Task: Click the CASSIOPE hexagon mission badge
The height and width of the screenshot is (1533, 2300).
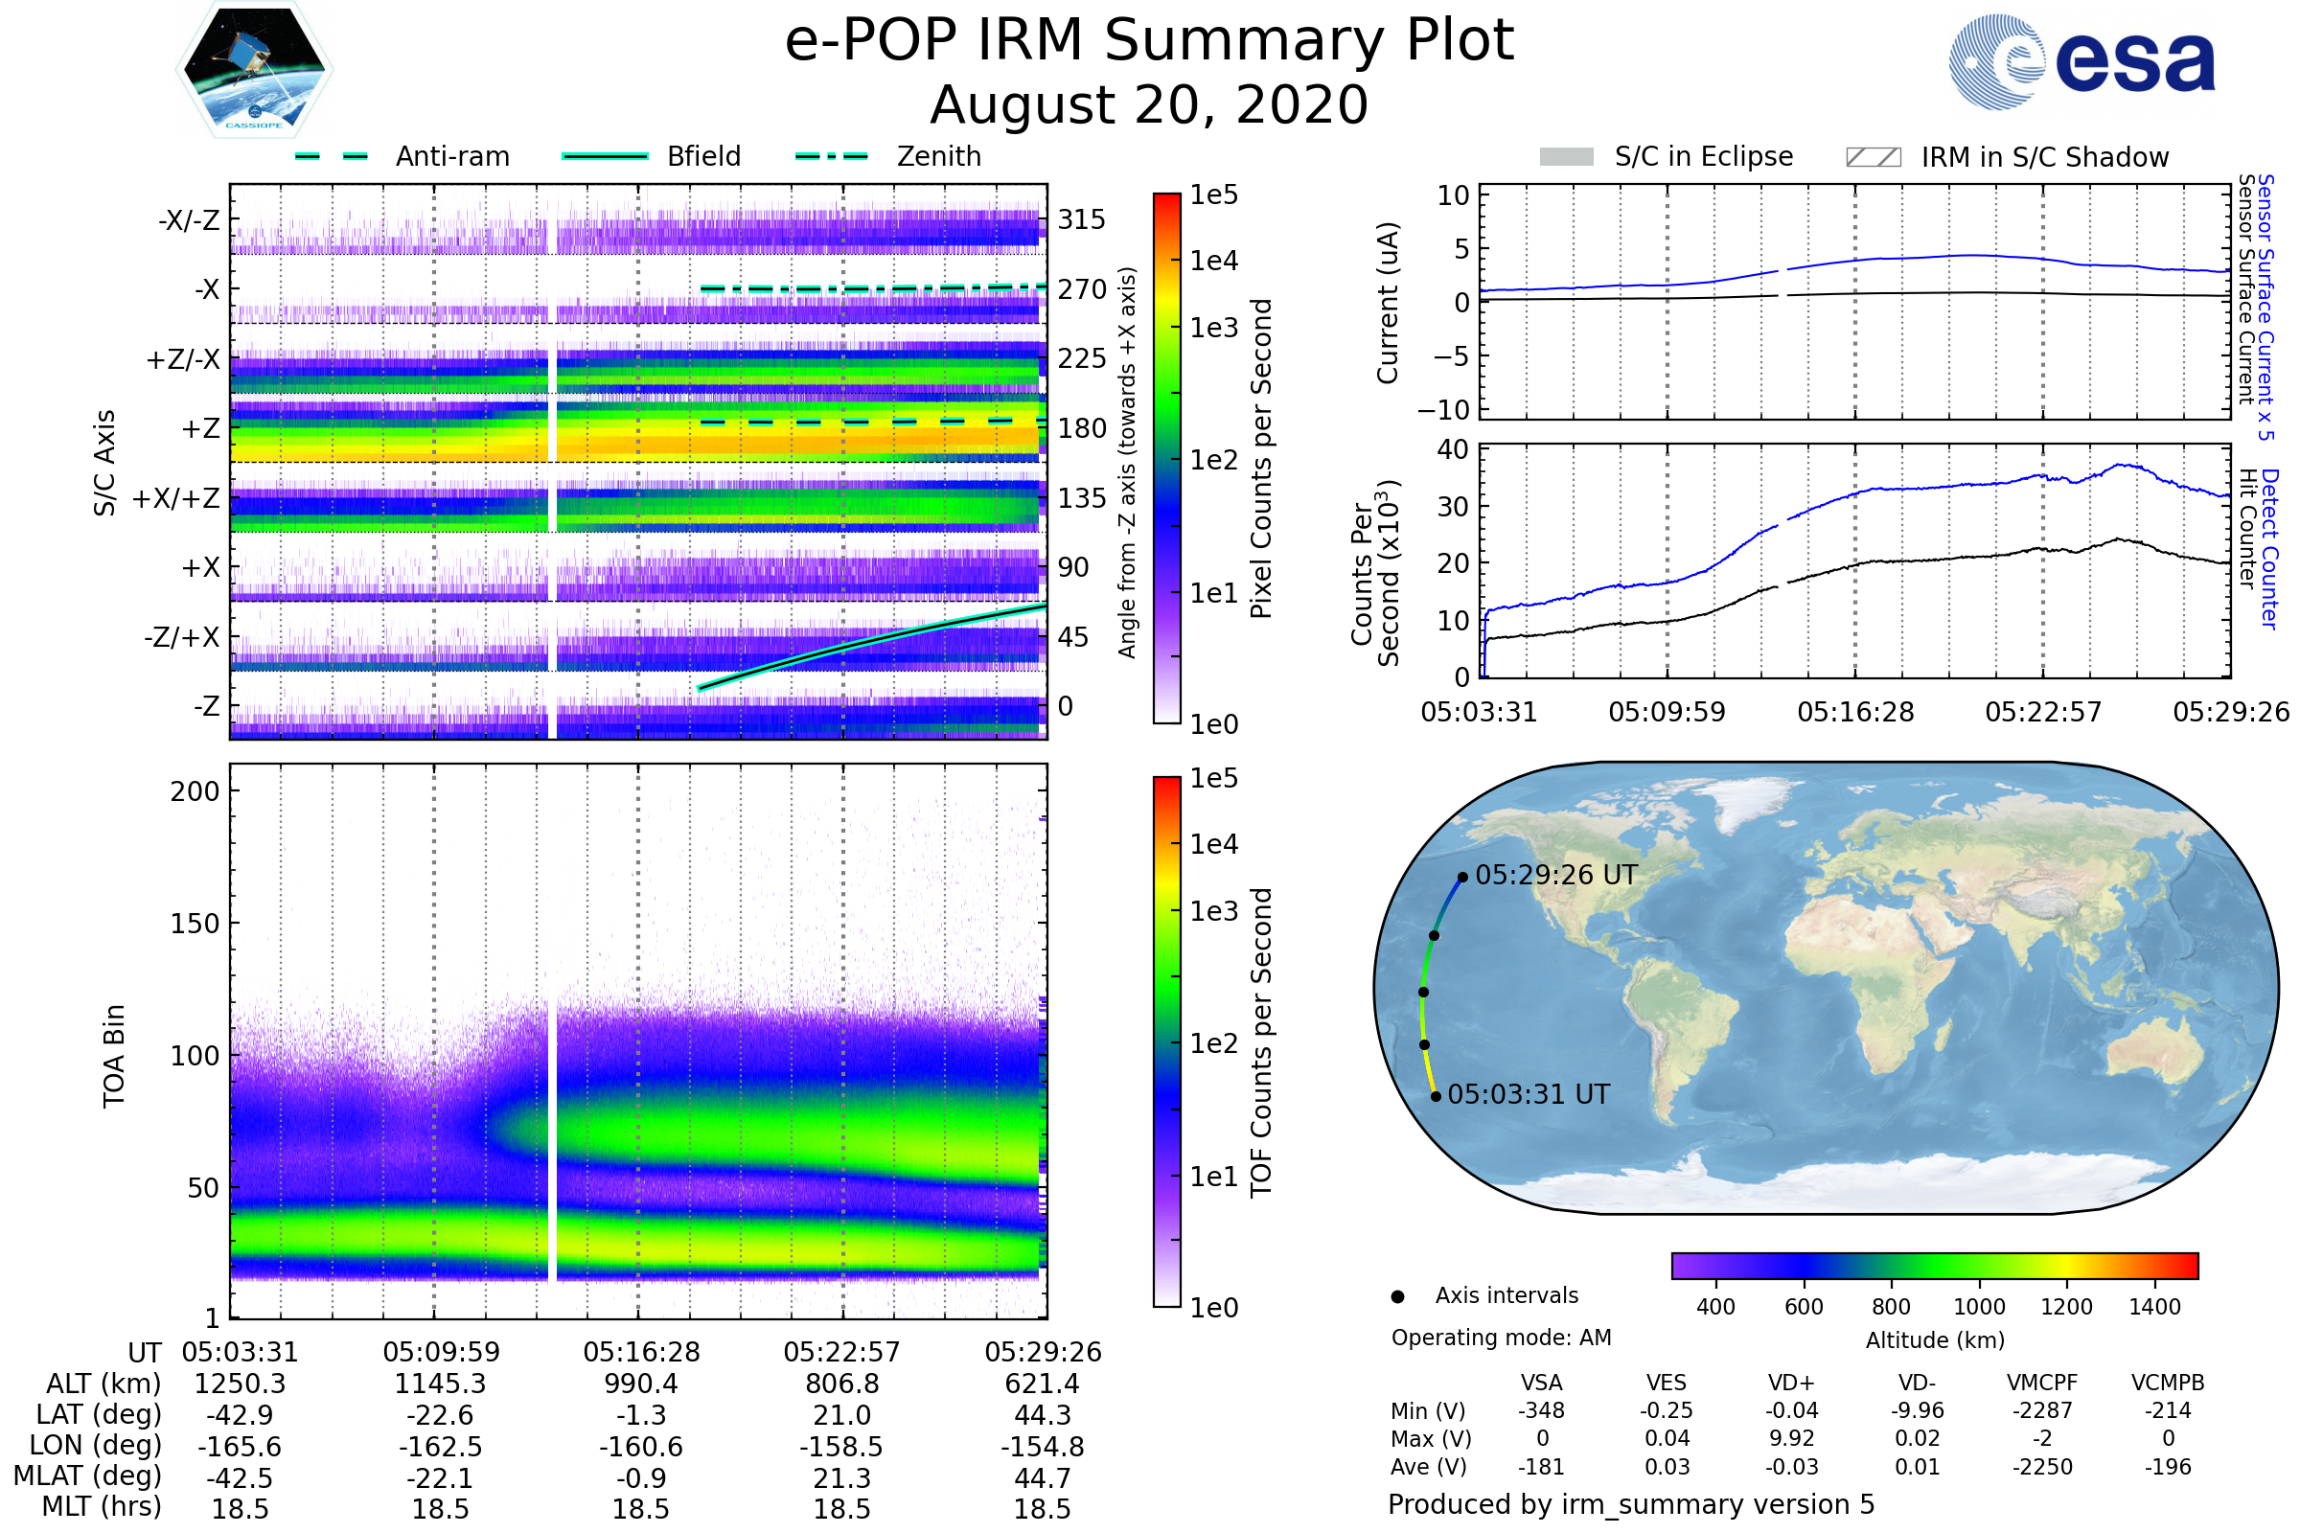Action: coord(254,68)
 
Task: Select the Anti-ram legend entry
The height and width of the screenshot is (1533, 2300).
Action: coord(402,156)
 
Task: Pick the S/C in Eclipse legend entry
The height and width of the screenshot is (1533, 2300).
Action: coord(1666,157)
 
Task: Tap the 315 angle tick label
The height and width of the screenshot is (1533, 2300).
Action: coord(1082,219)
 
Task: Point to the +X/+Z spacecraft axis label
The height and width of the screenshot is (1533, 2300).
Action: coord(176,498)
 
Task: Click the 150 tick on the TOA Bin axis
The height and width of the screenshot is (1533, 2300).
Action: coord(195,924)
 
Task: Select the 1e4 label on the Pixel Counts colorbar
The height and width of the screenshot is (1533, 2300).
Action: coord(1213,261)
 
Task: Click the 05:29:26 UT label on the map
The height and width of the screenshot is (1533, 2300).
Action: coord(1555,875)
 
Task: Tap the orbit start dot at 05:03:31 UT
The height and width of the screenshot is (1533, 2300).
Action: coord(1436,1096)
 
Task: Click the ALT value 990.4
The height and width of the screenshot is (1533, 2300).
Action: coord(640,1384)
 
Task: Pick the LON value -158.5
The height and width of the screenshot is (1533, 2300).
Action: coord(841,1446)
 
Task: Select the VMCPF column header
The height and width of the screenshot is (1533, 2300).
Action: coord(2042,1383)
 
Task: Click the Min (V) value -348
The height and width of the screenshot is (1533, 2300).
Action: coord(1541,1410)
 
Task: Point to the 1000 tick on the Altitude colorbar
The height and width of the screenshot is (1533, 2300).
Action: coord(1979,1307)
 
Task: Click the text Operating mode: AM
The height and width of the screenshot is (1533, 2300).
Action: coord(1501,1338)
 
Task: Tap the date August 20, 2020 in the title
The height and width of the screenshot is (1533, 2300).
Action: coord(1149,104)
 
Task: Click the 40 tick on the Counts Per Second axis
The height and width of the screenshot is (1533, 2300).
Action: coord(1453,449)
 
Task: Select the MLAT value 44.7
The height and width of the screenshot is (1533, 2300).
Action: coord(1043,1478)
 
